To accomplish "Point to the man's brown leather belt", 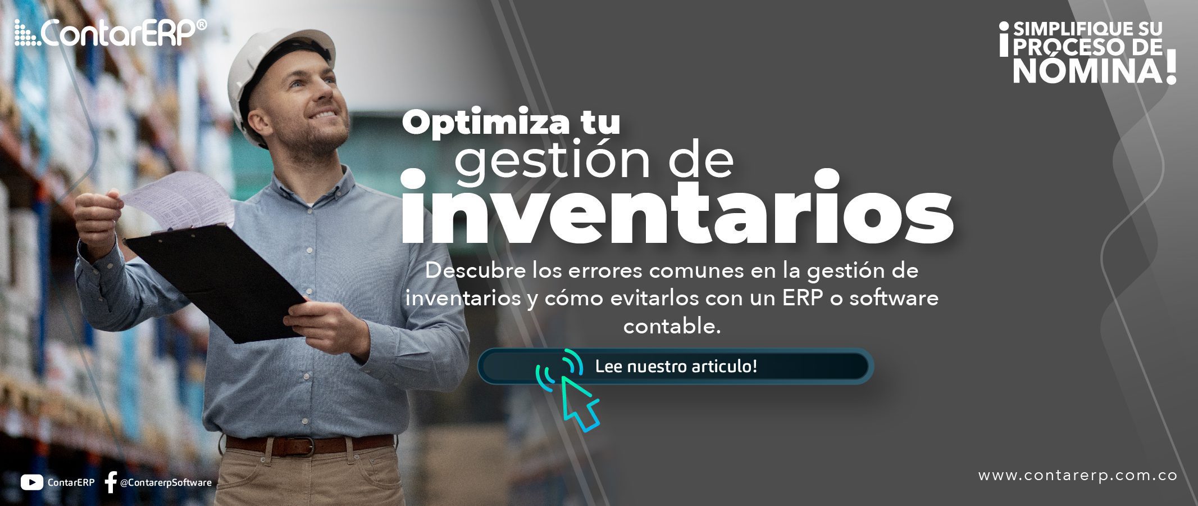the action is coord(309,444).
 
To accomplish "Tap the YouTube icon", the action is coord(31,482).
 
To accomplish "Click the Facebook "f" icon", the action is coord(111,482).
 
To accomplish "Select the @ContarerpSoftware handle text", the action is coord(166,483).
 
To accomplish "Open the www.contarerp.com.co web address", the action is coord(1078,476).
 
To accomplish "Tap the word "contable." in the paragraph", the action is coord(672,326).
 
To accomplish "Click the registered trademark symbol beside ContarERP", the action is coord(202,25).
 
